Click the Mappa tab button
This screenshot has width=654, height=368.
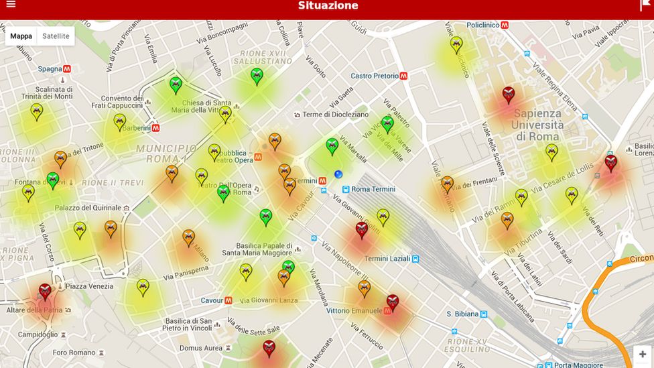pos(21,36)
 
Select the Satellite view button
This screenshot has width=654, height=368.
pos(56,36)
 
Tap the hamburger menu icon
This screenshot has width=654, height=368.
pos(10,5)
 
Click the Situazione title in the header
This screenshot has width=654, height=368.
pos(328,6)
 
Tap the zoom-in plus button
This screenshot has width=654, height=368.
pos(642,355)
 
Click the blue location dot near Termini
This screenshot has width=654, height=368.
pos(338,174)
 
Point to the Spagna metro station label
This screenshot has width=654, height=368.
pos(50,68)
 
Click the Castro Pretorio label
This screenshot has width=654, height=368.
pos(375,76)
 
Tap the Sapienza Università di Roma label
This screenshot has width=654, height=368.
pos(537,125)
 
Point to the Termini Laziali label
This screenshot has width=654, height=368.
pos(387,259)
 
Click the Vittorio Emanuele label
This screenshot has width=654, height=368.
pos(354,311)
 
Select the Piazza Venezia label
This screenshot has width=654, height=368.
pos(89,286)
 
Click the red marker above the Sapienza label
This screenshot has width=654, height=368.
pos(509,94)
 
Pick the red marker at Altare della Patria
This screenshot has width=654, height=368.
pos(45,291)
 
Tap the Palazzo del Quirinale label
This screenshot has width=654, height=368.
pos(88,208)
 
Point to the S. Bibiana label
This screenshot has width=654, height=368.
pos(462,314)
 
